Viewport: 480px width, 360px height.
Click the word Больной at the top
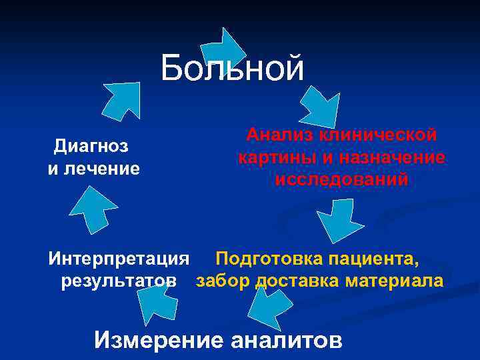[232, 67]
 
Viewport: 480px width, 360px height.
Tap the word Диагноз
[91, 145]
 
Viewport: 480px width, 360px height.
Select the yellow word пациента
[379, 258]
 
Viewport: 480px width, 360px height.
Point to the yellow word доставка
[297, 281]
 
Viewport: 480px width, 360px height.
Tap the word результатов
[119, 281]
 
